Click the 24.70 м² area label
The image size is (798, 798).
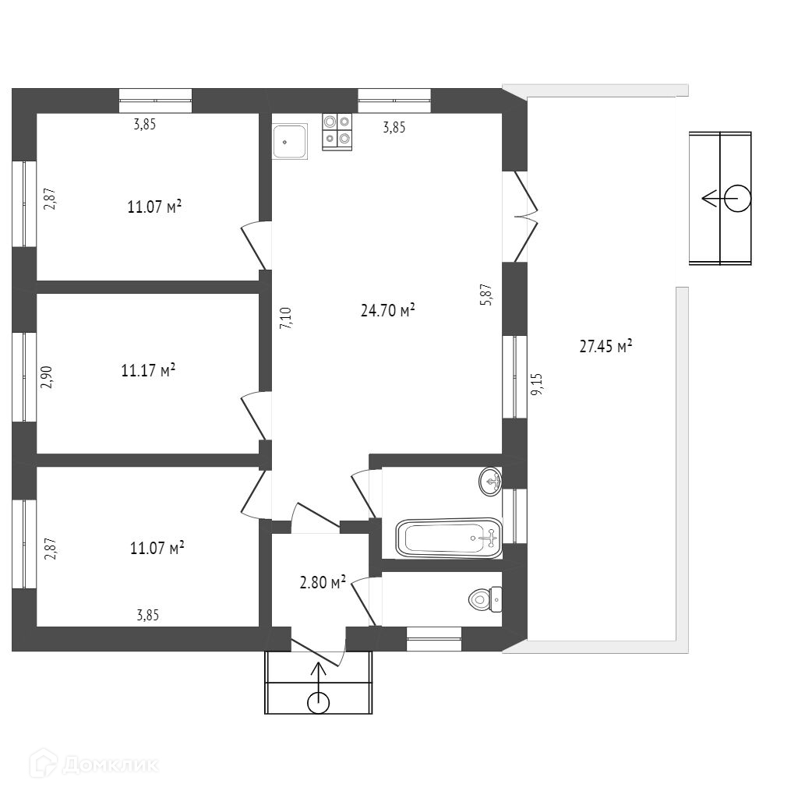coord(387,311)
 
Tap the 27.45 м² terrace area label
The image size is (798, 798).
coord(605,347)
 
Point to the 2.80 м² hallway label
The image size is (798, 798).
coord(323,582)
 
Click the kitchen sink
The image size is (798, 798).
coord(291,141)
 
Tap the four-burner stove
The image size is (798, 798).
coord(337,130)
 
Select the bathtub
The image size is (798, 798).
coord(449,538)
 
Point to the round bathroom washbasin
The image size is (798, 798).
coord(489,481)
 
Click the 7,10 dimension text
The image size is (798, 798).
coord(285,319)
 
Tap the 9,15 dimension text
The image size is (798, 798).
coord(537,384)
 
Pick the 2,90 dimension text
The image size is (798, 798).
coord(47,376)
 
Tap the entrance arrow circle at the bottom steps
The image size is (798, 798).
coord(318,702)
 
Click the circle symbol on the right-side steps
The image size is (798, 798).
coord(737,199)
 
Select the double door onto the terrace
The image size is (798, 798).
coord(524,216)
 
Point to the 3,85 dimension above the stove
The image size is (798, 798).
coord(394,129)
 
